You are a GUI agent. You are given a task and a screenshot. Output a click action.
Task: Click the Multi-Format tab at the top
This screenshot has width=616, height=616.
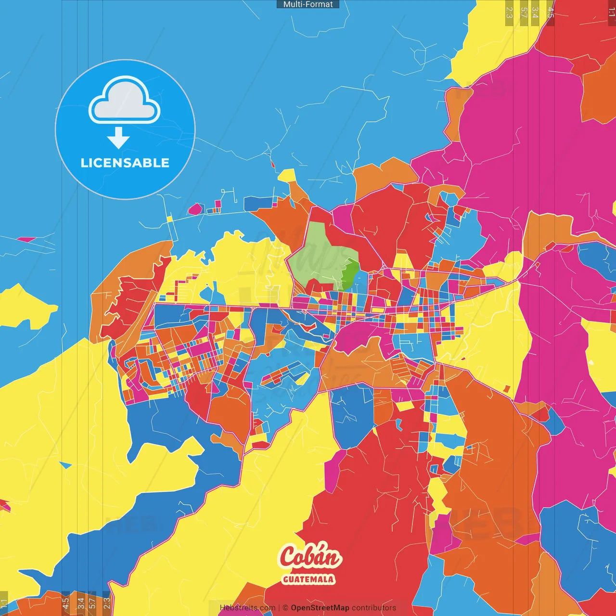coord(308,4)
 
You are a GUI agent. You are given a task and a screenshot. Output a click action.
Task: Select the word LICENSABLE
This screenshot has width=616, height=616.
coord(125,163)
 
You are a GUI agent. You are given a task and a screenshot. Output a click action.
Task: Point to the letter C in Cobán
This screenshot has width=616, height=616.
coord(289,557)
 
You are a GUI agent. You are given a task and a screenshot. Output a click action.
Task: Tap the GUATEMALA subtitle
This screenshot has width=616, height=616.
coord(308,579)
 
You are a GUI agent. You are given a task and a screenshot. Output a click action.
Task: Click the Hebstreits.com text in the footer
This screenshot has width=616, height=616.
coord(247,608)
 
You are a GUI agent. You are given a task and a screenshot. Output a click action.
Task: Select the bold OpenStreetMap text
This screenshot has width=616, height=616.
coord(320,608)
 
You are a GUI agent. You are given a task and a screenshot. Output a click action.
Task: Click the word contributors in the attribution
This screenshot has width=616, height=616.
coord(374,608)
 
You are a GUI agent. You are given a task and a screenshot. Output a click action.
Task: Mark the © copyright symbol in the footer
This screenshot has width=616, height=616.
coord(285,608)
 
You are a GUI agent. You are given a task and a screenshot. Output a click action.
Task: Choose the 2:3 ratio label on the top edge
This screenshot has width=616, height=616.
coord(509,13)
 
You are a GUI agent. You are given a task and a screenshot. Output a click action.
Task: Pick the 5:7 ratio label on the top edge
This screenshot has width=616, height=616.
coord(524,13)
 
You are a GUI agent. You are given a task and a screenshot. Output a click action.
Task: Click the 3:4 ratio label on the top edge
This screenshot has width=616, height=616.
coord(535,13)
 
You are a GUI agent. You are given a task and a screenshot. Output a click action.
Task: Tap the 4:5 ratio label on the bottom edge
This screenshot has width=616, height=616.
coord(65,603)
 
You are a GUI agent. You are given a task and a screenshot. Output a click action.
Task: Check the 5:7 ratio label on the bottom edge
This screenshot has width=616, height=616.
coord(92,603)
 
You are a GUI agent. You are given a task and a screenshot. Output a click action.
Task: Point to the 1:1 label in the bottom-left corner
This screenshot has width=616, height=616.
coord(4,603)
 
